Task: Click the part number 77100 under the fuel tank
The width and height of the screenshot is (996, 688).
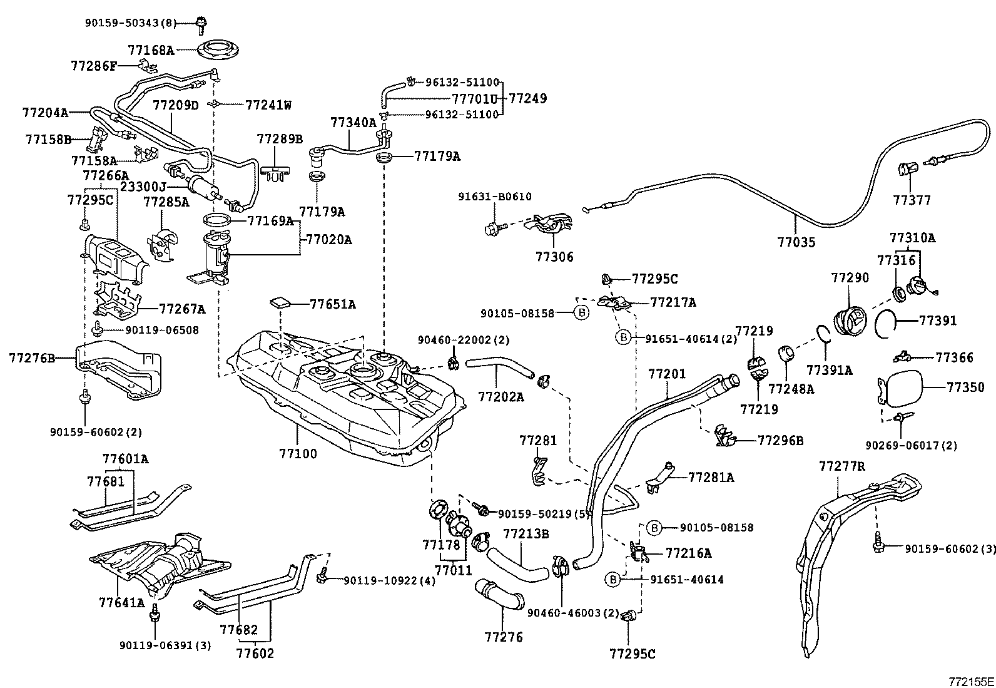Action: click(x=297, y=454)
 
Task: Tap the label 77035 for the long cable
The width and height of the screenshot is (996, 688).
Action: click(x=796, y=242)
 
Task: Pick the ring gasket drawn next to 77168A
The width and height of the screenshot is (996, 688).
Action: click(x=220, y=50)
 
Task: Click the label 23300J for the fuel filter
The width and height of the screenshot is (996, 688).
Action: click(x=144, y=186)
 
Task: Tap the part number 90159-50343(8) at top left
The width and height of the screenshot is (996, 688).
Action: click(x=130, y=23)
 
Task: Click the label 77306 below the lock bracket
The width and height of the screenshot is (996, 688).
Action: click(x=554, y=257)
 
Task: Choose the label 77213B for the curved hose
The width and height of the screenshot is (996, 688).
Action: click(x=526, y=534)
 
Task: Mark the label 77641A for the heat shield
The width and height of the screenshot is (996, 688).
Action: click(x=121, y=603)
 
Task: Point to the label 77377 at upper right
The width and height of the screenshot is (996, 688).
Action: click(x=912, y=200)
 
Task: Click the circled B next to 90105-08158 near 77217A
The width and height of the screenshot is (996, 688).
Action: click(x=581, y=313)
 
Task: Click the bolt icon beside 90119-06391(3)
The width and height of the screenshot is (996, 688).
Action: click(x=153, y=617)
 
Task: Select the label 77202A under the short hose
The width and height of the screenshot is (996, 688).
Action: click(x=501, y=396)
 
